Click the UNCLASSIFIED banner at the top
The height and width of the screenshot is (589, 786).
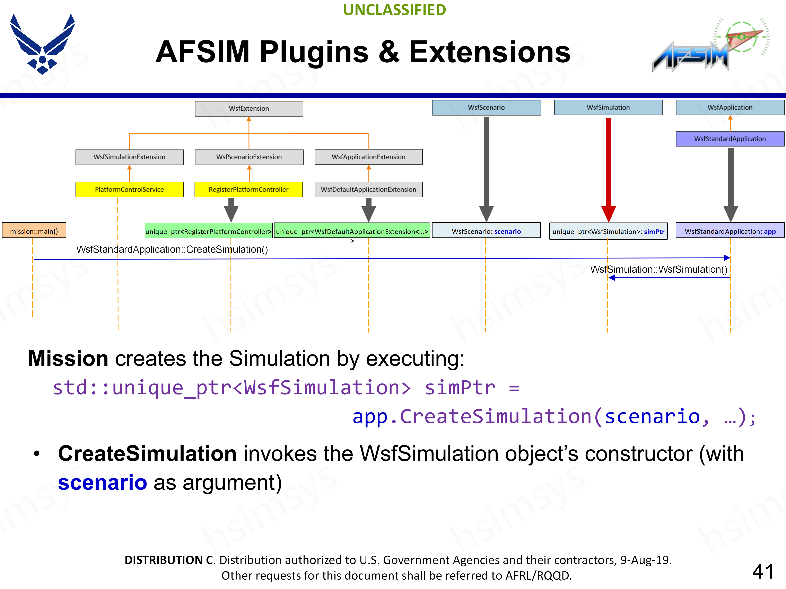pyautogui.click(x=394, y=10)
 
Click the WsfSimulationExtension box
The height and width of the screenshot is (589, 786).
pyautogui.click(x=129, y=157)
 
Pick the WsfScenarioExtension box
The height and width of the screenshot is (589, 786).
pyautogui.click(x=249, y=157)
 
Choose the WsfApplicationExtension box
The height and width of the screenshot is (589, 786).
pyautogui.click(x=368, y=157)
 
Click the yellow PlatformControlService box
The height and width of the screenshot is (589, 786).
pyautogui.click(x=129, y=190)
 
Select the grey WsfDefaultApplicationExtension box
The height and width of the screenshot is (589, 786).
pyautogui.click(x=368, y=190)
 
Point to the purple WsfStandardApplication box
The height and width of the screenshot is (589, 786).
pyautogui.click(x=730, y=139)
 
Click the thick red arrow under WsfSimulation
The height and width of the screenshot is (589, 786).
pyautogui.click(x=608, y=167)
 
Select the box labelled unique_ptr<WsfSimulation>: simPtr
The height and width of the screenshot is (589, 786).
pyautogui.click(x=608, y=232)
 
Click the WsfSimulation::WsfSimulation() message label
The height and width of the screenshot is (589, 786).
pyautogui.click(x=658, y=270)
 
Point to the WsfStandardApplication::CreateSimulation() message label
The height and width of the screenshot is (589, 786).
pyautogui.click(x=172, y=250)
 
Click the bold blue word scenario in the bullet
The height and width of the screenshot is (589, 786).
pyautogui.click(x=102, y=483)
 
